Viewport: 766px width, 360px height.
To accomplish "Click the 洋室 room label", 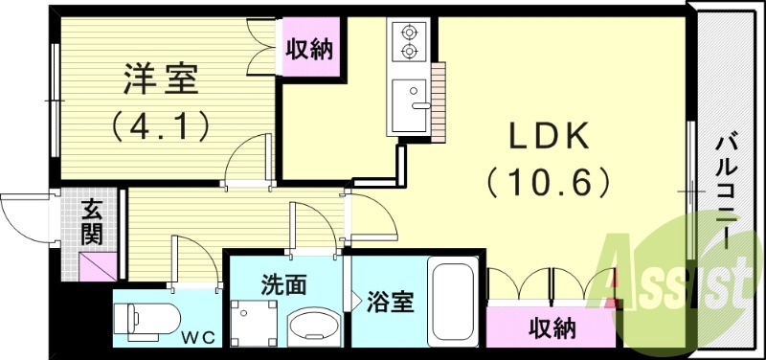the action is click(161, 79).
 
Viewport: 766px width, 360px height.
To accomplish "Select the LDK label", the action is click(547, 136).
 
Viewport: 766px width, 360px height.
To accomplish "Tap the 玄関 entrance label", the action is click(93, 219).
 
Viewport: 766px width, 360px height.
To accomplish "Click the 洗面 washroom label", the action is click(283, 284).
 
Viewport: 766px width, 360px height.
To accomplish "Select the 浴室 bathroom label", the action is click(390, 303).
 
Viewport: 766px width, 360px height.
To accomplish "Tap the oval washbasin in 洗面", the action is click(314, 326).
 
